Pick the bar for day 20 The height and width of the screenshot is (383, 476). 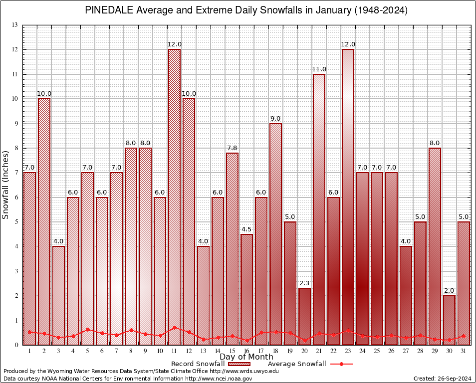(304, 316)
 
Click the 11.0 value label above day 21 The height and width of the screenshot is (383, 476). (319, 69)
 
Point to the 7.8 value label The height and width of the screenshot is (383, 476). (232, 148)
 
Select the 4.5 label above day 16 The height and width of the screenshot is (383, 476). (246, 229)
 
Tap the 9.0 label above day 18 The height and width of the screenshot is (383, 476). (275, 119)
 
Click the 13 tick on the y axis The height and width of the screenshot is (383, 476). (15, 25)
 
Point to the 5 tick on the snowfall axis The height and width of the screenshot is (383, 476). (16, 222)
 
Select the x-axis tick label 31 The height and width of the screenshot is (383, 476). (464, 351)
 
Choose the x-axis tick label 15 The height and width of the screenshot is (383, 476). (232, 351)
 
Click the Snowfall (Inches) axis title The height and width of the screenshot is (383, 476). (6, 185)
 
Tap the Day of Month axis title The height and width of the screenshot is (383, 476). (246, 357)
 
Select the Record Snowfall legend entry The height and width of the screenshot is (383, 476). (200, 364)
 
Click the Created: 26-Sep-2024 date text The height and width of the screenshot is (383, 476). (442, 379)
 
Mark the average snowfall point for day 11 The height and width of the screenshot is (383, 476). (174, 328)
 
